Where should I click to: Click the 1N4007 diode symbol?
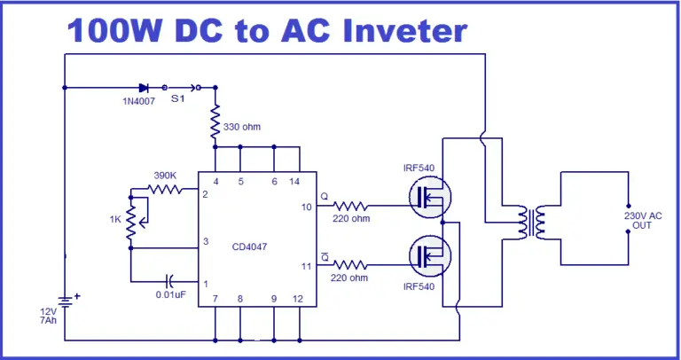pyautogui.click(x=143, y=88)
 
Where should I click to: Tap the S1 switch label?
pyautogui.click(x=178, y=99)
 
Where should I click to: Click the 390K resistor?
pyautogui.click(x=164, y=189)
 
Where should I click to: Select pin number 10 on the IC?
pyautogui.click(x=306, y=207)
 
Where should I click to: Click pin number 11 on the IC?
pyautogui.click(x=306, y=264)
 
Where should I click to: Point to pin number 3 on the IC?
pyautogui.click(x=205, y=241)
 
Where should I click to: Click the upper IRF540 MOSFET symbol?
pyautogui.click(x=428, y=197)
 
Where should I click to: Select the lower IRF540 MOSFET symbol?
pyautogui.click(x=428, y=255)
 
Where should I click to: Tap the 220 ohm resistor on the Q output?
pyautogui.click(x=353, y=206)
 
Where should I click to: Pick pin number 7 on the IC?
pyautogui.click(x=215, y=300)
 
